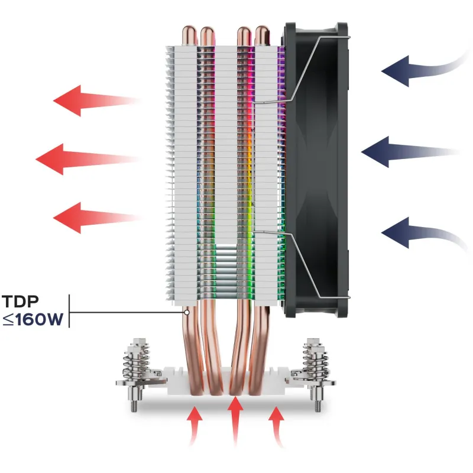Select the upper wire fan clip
tap(307, 65)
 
